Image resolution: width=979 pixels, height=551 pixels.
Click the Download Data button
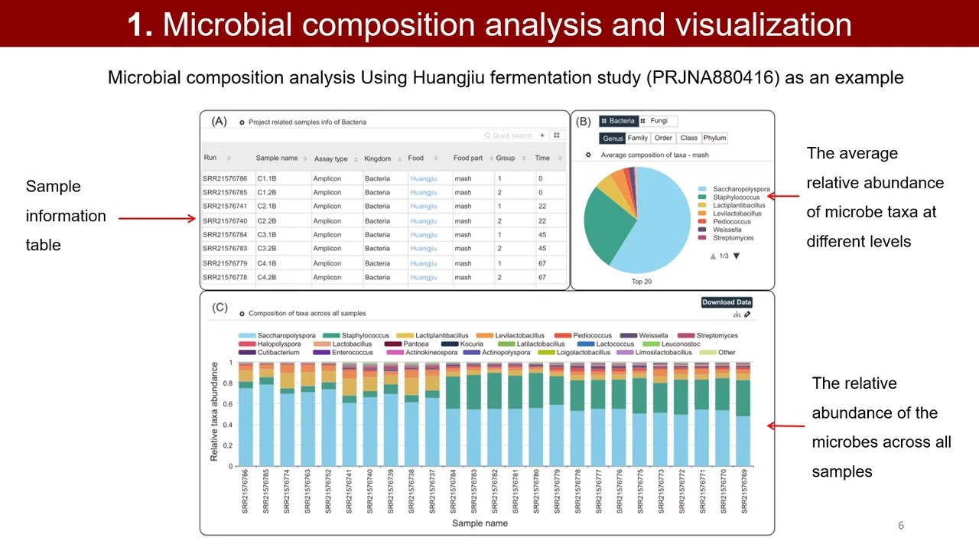727,302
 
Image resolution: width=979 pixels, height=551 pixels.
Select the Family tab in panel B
638,139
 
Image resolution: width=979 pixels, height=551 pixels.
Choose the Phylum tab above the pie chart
714,139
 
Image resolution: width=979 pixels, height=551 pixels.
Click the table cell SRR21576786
225,179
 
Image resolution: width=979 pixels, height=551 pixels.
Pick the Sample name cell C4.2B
266,278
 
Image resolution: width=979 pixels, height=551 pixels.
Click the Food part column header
467,158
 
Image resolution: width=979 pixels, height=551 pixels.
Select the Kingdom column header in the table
377,158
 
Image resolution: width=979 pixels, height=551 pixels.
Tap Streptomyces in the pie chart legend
733,238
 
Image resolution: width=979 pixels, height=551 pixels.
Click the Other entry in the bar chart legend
726,353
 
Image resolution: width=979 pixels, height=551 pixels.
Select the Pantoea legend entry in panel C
415,344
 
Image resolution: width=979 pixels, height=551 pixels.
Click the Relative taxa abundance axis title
214,412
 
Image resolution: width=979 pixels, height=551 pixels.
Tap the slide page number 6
901,525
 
